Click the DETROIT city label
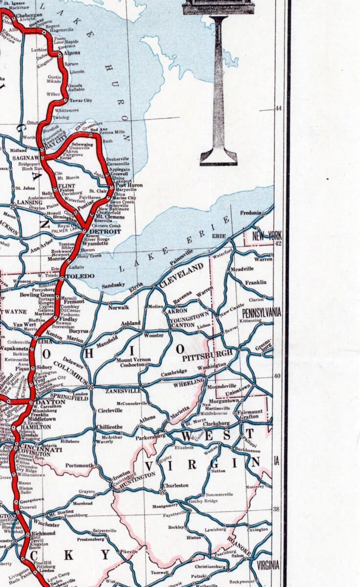pyautogui.click(x=105, y=231)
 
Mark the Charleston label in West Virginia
pyautogui.click(x=176, y=486)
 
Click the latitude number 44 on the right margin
pyautogui.click(x=278, y=109)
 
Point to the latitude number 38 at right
pyautogui.click(x=276, y=509)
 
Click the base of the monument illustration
pyautogui.click(x=218, y=158)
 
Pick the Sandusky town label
pyautogui.click(x=113, y=285)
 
